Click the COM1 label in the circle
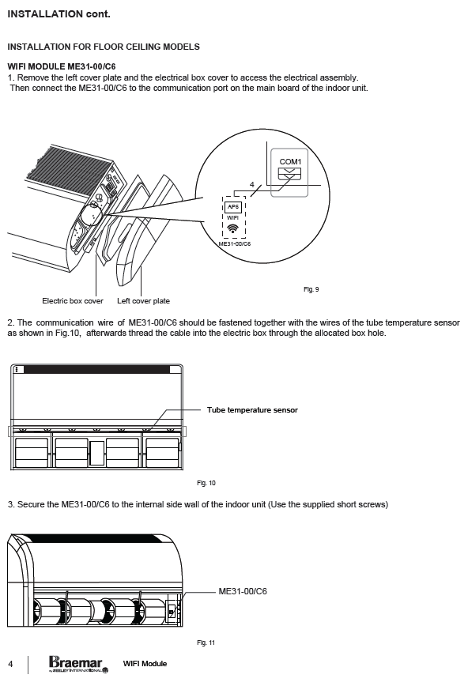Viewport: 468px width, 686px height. (290, 161)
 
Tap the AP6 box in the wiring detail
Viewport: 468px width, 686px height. (233, 207)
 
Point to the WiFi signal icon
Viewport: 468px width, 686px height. (233, 228)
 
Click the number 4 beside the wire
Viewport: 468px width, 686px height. (251, 185)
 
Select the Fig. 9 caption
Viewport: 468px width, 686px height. (311, 289)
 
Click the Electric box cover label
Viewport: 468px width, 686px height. (73, 301)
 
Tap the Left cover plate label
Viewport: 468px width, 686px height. (143, 301)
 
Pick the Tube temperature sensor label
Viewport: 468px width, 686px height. (252, 410)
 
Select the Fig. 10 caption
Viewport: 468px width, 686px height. (206, 483)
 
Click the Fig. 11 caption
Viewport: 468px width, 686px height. (206, 643)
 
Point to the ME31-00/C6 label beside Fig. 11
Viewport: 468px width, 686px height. (243, 591)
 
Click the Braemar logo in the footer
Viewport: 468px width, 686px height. (79, 664)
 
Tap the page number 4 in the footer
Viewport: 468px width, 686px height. (10, 664)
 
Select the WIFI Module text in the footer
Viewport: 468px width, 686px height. (145, 664)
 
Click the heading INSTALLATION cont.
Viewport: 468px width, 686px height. (58, 14)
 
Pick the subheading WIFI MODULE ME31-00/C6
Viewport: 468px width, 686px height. (62, 66)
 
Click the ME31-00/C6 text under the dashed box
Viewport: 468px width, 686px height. (235, 243)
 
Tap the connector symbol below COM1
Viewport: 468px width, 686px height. (290, 174)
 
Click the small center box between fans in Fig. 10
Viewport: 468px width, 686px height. (96, 453)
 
